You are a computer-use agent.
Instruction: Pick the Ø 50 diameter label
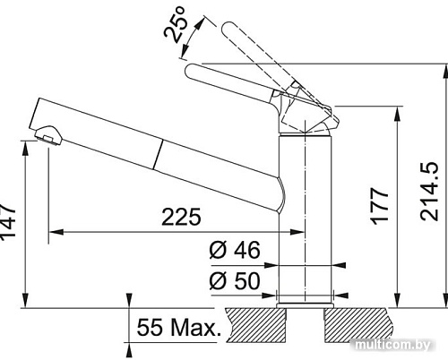tap(236, 280)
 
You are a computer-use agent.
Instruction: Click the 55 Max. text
tap(177, 329)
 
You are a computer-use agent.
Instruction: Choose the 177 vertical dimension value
tap(379, 207)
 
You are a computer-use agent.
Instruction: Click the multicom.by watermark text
tap(393, 344)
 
